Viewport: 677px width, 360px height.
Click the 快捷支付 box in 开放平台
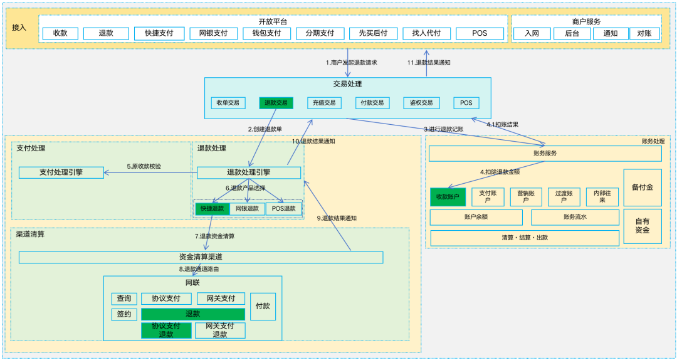159,33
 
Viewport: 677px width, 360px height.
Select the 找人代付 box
427,33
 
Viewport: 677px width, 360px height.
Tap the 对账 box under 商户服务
644,33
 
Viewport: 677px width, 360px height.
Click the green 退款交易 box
276,103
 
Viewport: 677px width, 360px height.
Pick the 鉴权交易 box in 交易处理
421,103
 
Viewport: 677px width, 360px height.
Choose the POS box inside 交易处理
466,103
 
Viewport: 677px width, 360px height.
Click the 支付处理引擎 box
61,172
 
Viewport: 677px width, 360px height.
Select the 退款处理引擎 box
249,172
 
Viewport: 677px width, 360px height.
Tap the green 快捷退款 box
212,209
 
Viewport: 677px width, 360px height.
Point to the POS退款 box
284,209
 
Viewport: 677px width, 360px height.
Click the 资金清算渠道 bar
201,257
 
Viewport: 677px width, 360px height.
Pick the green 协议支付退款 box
166,331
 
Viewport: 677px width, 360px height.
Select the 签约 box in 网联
124,314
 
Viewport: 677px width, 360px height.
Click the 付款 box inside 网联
263,306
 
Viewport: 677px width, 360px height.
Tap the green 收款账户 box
448,197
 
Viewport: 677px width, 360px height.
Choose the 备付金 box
643,188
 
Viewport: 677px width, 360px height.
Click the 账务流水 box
575,218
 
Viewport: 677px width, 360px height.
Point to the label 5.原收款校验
144,166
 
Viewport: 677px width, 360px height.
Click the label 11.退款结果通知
429,63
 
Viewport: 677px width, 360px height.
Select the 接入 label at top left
19,28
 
